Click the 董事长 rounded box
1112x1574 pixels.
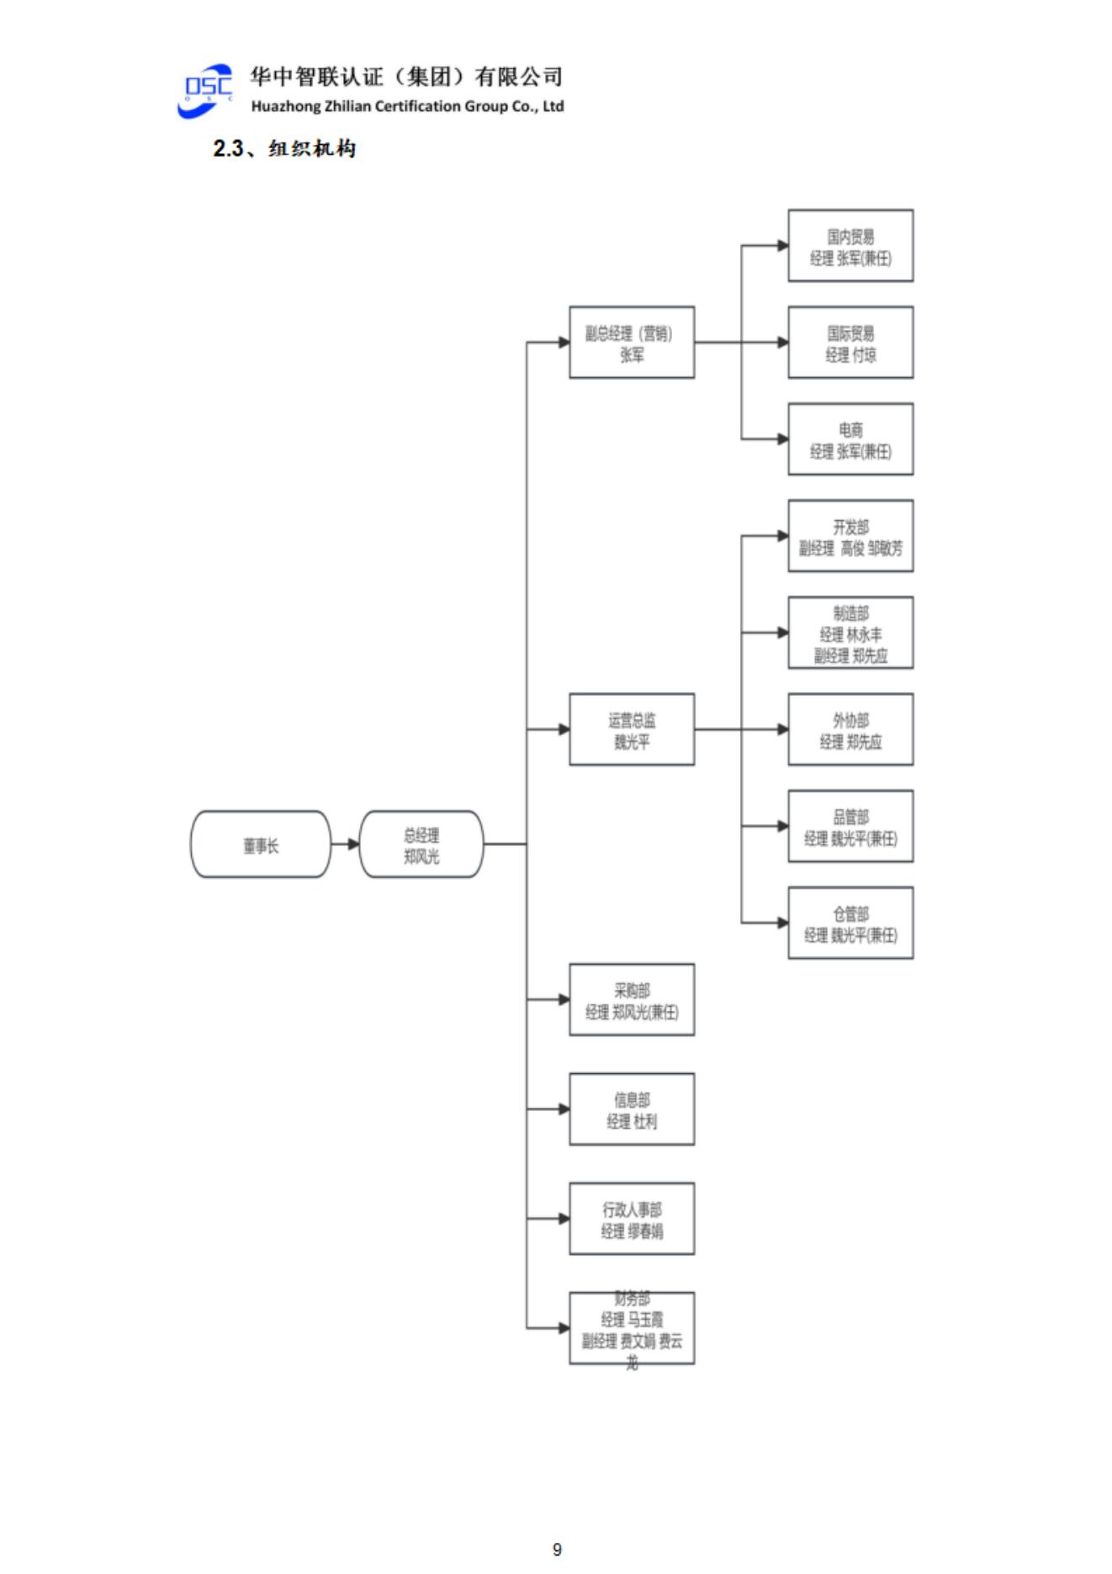coord(261,844)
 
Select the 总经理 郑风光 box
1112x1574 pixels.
coord(421,844)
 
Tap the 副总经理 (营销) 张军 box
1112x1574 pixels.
coord(632,343)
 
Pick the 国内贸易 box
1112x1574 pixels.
coord(850,246)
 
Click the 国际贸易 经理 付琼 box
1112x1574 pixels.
coord(850,343)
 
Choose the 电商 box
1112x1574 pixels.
coord(850,439)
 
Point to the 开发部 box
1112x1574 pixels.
coord(850,536)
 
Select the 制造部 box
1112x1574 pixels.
coord(850,633)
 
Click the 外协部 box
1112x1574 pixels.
coord(850,730)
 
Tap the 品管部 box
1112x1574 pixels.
coord(850,827)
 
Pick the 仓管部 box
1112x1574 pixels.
coord(850,923)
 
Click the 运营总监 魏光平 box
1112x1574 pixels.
coord(632,730)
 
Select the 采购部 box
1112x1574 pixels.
coord(632,1000)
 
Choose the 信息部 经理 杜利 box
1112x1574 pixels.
coord(632,1109)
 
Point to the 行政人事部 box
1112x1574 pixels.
coord(632,1219)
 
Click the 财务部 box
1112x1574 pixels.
coord(632,1328)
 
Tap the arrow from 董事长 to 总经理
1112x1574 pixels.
coord(345,844)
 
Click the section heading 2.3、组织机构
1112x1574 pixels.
coord(284,149)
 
